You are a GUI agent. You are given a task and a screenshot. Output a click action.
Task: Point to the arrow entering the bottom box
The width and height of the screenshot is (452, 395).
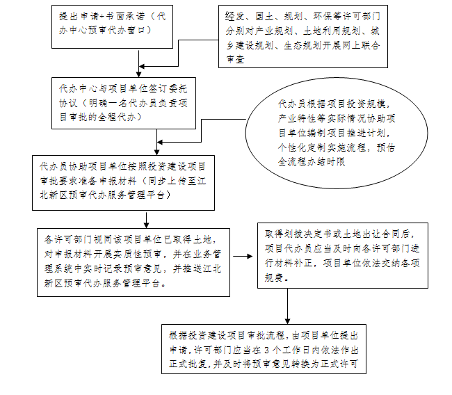(288, 306)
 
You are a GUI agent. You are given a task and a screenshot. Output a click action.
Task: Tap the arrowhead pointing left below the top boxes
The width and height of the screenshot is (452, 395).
(142, 68)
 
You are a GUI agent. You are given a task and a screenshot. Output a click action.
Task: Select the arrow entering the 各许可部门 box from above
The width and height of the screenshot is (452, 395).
(145, 218)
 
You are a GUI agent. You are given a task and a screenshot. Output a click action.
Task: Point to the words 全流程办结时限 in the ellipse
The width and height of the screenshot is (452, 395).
(312, 161)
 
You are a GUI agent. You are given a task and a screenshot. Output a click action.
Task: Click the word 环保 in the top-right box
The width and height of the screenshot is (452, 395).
(314, 14)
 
